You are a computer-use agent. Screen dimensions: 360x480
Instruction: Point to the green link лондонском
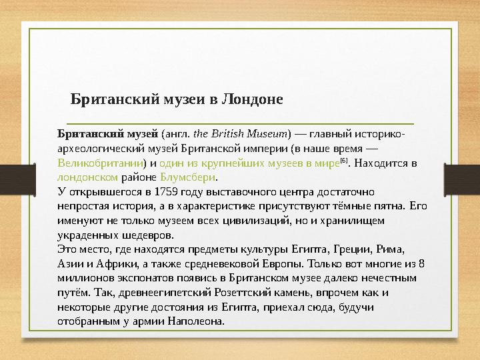[88, 177]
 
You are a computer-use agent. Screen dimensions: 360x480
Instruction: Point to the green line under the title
[237, 123]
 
